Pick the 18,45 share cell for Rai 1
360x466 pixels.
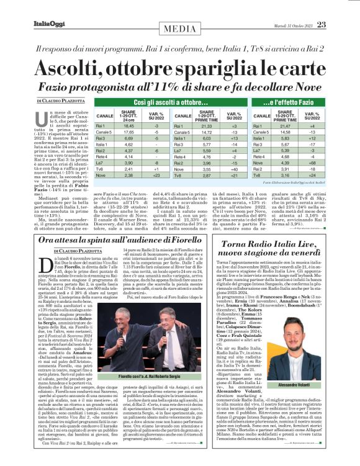point(130,125)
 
